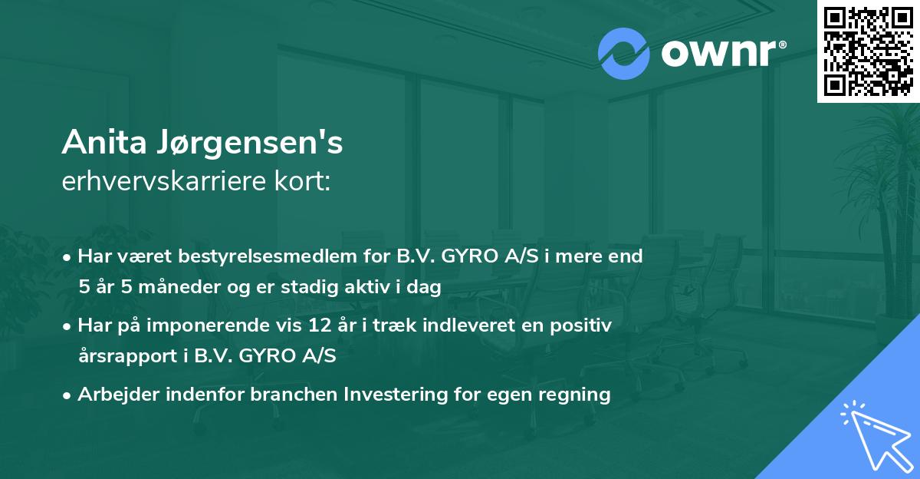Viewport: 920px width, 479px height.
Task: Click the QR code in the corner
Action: (x=868, y=51)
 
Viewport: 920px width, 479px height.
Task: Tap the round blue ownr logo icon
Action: (x=624, y=54)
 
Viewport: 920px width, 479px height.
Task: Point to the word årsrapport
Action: (x=124, y=357)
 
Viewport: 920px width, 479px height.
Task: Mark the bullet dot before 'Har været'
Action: (x=68, y=257)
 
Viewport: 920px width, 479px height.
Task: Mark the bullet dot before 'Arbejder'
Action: (x=68, y=395)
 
